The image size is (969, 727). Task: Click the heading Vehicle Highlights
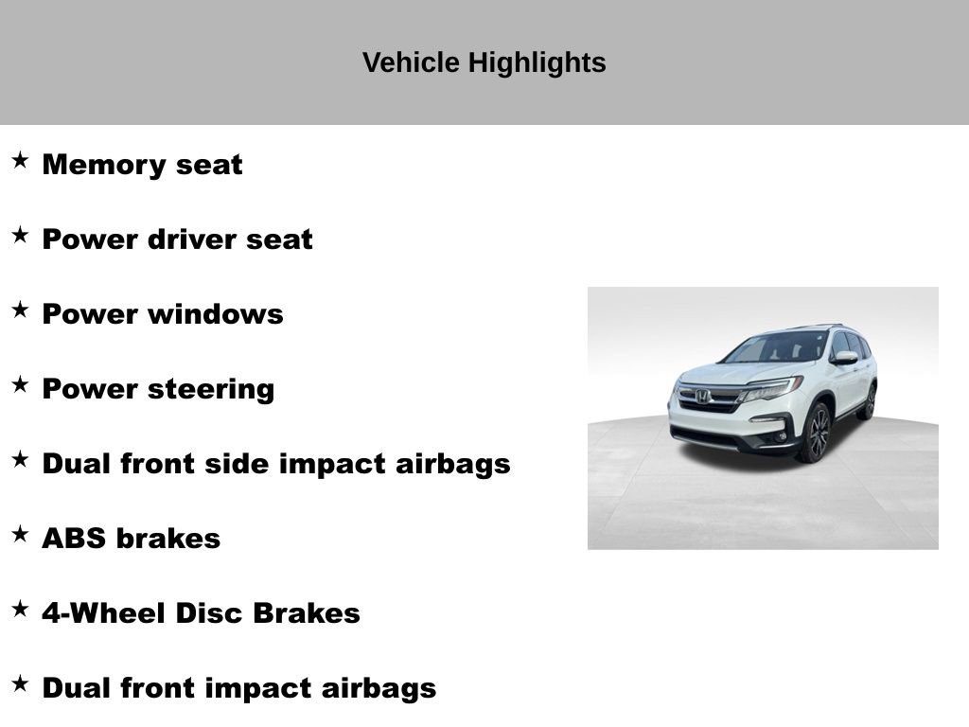(484, 62)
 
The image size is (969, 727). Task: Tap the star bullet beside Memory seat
(20, 160)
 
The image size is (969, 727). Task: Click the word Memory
(92, 165)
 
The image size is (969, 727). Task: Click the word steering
(215, 389)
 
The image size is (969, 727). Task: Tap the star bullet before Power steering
(20, 384)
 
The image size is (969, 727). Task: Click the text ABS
(74, 539)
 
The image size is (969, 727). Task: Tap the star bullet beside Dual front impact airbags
(20, 683)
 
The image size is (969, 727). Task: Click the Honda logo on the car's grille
(703, 397)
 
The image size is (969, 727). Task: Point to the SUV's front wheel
(815, 433)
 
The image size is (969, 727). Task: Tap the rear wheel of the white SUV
(867, 401)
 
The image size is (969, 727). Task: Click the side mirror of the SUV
(843, 358)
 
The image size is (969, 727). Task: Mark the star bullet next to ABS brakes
(20, 534)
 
